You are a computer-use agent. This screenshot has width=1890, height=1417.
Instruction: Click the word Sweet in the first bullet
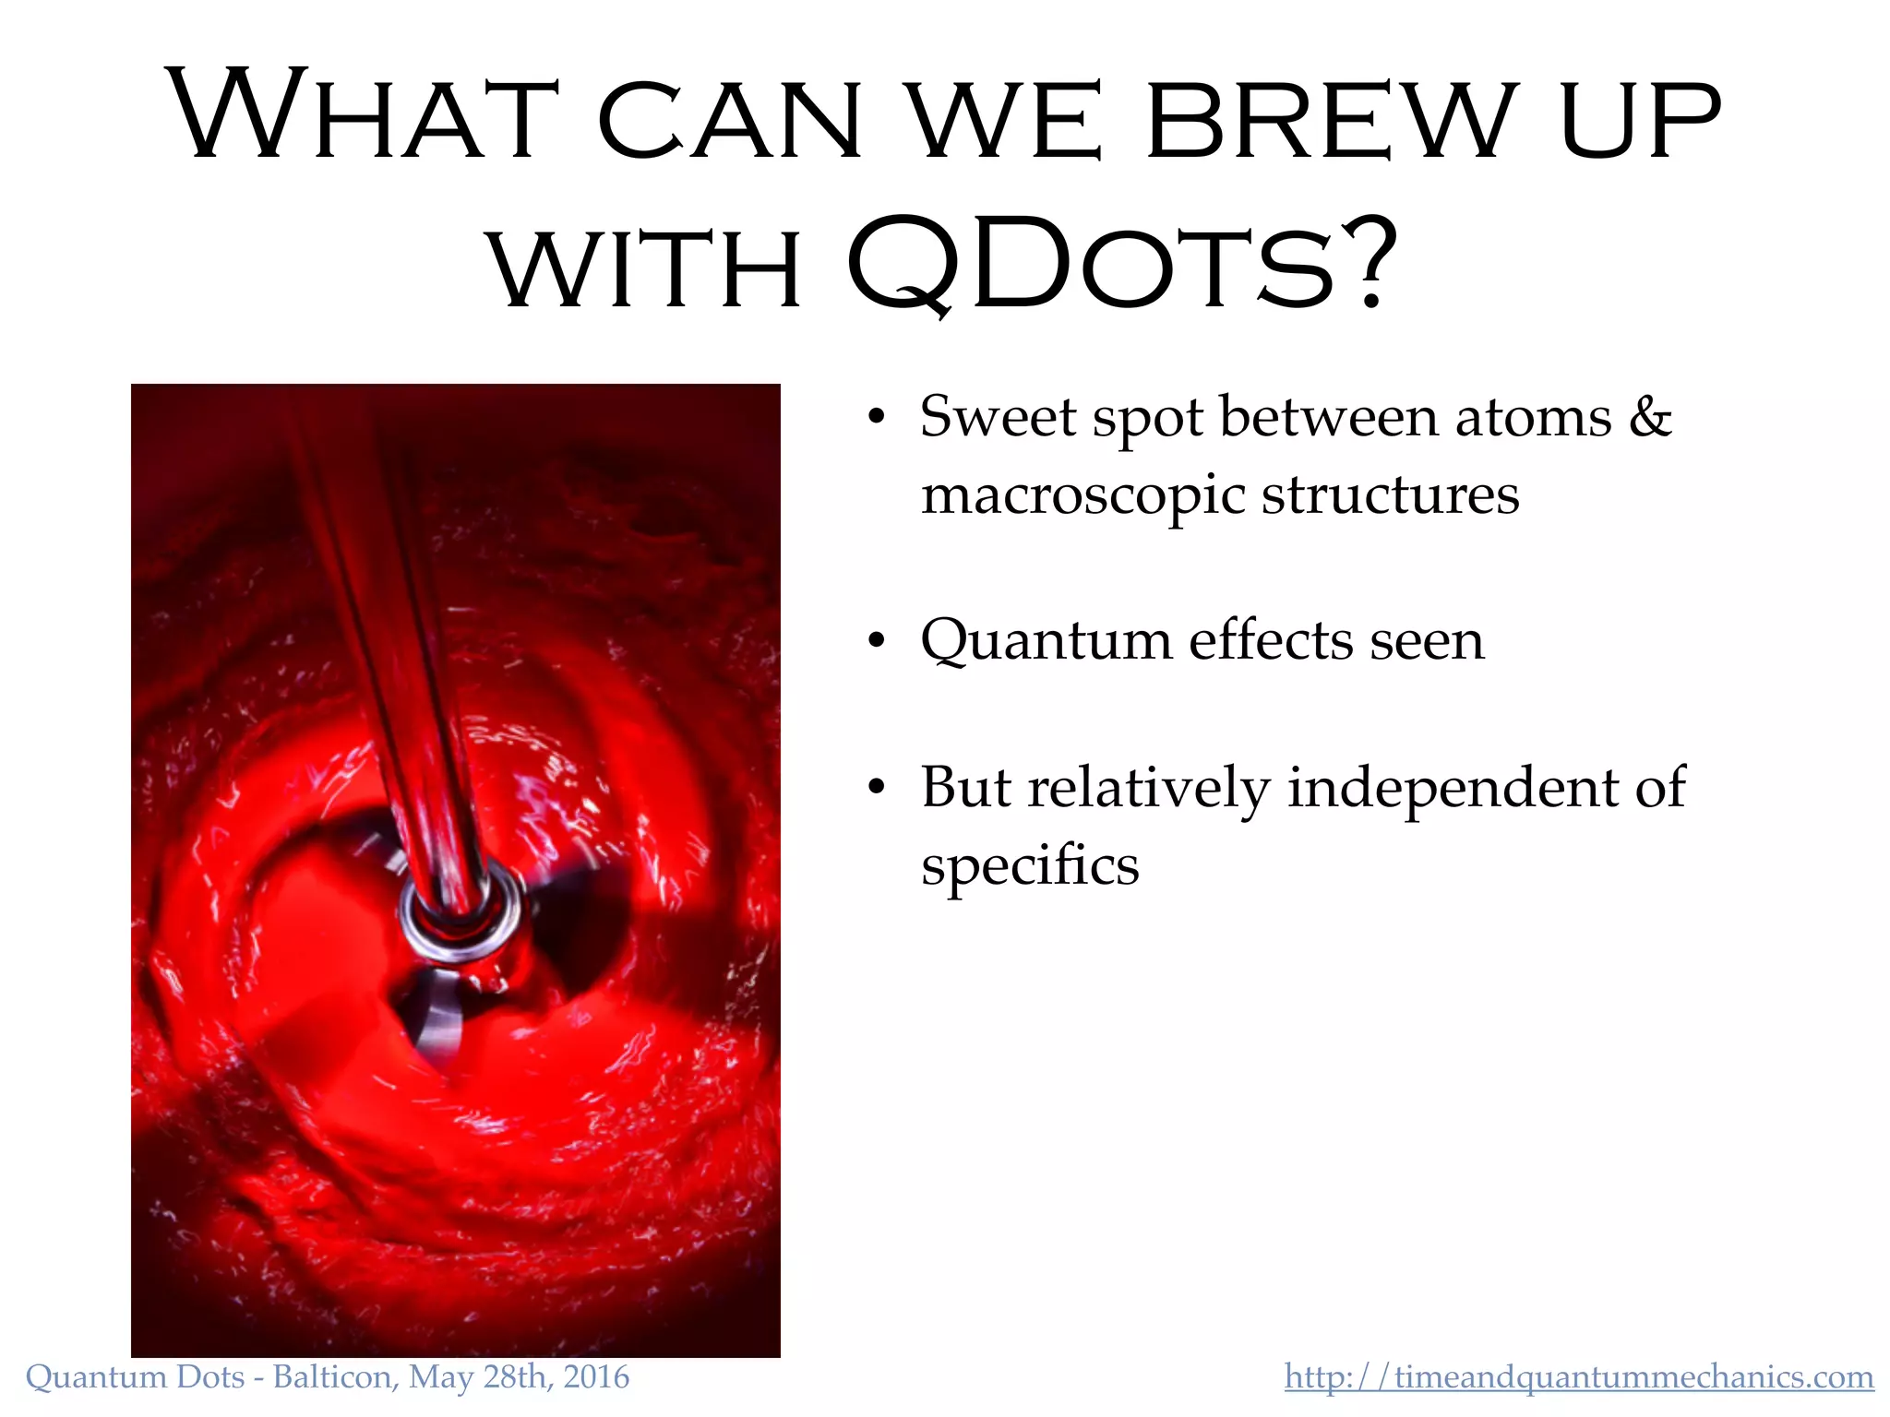pos(997,416)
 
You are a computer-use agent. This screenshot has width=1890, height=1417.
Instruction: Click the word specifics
pos(1030,867)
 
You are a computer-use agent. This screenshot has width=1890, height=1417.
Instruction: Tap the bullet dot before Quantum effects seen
pos(876,641)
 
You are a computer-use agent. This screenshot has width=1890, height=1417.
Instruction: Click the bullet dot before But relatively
pos(876,789)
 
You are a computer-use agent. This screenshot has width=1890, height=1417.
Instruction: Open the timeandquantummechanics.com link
pos(1578,1377)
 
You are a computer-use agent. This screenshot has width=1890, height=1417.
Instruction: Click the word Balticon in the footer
pos(333,1377)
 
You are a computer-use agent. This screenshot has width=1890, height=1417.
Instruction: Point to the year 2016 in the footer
pos(596,1377)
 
